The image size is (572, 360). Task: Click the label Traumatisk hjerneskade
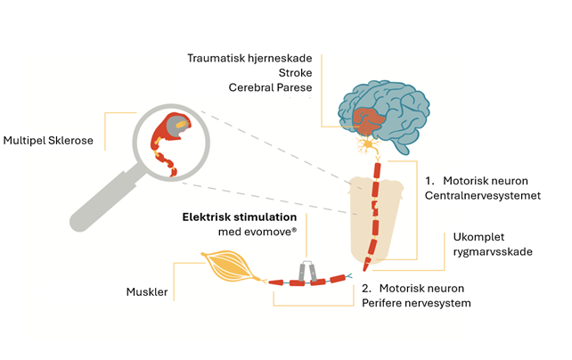click(x=251, y=58)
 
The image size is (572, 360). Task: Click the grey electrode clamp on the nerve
click(x=306, y=274)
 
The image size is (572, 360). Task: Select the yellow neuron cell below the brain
click(x=364, y=143)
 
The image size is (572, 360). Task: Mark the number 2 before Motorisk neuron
click(x=366, y=288)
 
